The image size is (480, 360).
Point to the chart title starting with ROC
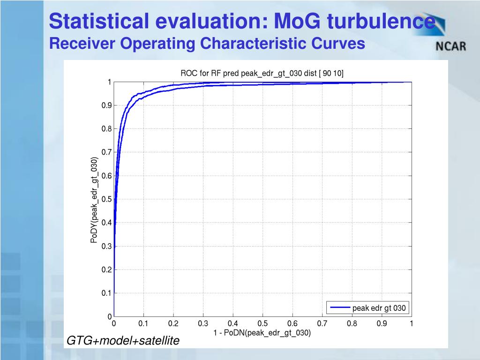(x=262, y=73)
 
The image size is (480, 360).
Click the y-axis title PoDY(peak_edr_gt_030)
(x=94, y=200)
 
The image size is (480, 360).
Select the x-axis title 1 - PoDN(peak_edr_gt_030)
(x=262, y=333)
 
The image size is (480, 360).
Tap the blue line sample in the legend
(x=340, y=308)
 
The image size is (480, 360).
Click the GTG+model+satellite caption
(x=123, y=341)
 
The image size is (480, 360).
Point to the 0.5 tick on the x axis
(x=262, y=323)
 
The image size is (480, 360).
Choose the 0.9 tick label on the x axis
(x=382, y=323)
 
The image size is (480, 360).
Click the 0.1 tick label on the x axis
(x=143, y=323)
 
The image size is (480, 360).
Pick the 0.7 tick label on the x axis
(x=322, y=323)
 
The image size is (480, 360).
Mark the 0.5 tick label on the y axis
(x=106, y=199)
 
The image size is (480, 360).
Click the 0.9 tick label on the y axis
(x=106, y=105)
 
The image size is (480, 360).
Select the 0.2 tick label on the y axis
(x=106, y=270)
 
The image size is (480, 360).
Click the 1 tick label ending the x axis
(x=411, y=323)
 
